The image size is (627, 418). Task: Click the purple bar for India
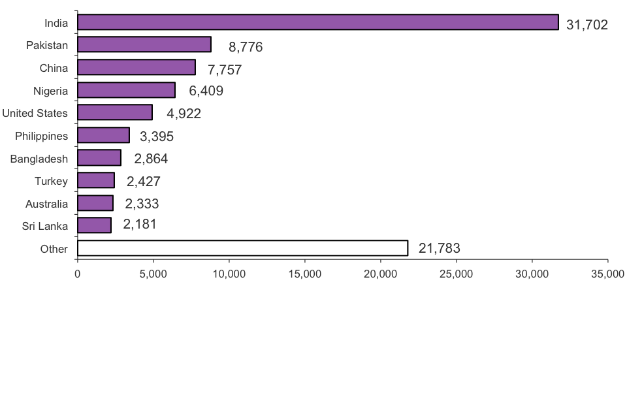click(317, 22)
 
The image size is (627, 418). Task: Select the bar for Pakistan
click(144, 44)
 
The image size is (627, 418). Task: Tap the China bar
click(136, 67)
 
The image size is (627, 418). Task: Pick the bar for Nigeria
click(126, 90)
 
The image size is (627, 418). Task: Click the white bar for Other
click(242, 248)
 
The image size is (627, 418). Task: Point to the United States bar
click(114, 112)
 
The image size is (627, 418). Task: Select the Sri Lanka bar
click(94, 225)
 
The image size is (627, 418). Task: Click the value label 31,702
click(587, 25)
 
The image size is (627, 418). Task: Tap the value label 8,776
click(246, 48)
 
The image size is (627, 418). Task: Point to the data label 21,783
click(440, 248)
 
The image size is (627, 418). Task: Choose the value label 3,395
click(157, 137)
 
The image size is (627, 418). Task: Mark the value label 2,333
click(142, 204)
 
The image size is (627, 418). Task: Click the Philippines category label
click(42, 136)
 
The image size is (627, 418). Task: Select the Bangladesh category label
click(39, 159)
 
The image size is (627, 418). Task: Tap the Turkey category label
click(52, 181)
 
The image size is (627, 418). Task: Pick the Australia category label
click(46, 204)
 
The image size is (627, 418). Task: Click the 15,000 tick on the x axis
click(304, 273)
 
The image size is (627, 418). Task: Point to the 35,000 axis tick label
click(607, 273)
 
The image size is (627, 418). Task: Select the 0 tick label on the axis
click(78, 273)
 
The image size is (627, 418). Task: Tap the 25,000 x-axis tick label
click(456, 273)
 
